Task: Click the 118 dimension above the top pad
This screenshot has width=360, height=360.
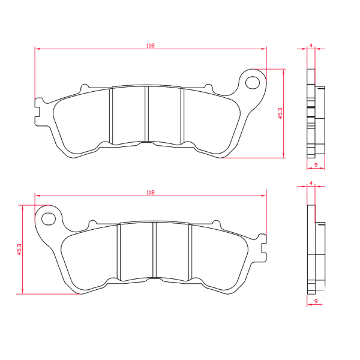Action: click(x=150, y=46)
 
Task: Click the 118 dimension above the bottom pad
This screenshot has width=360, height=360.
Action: click(x=150, y=193)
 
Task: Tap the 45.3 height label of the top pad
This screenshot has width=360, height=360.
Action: click(x=280, y=113)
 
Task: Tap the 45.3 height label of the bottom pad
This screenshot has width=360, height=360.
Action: click(x=19, y=250)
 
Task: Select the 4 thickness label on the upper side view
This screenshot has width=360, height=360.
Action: click(x=311, y=46)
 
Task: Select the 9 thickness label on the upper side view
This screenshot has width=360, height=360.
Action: click(x=316, y=164)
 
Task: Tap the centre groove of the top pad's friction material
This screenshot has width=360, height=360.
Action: click(x=148, y=114)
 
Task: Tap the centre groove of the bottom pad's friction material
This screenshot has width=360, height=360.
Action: click(x=155, y=251)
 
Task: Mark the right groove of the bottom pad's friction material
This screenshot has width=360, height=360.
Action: click(x=190, y=251)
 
